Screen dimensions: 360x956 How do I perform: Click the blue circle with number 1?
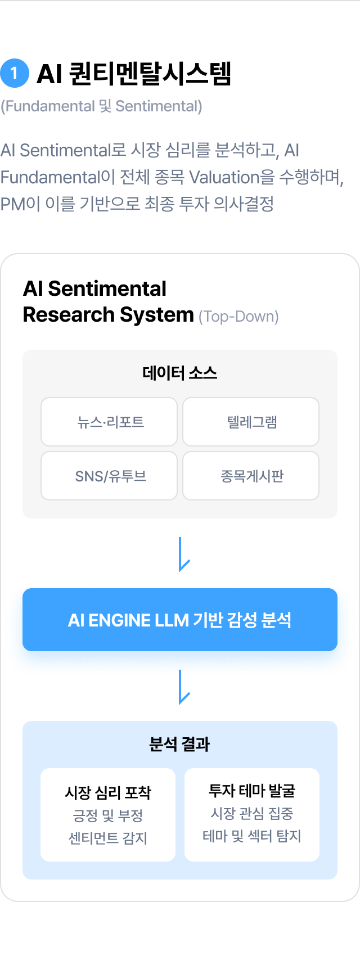coord(15,73)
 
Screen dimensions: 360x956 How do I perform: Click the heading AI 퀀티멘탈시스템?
coord(134,74)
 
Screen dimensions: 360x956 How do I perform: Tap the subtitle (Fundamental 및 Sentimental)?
coord(101,106)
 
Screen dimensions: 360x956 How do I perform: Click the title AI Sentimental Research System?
coord(108,302)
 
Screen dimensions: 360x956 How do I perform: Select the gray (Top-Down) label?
coord(238,317)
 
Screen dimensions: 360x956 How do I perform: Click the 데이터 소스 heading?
coord(180,373)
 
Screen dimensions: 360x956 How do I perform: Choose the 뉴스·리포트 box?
coord(109,422)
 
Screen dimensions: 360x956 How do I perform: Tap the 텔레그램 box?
coord(251,422)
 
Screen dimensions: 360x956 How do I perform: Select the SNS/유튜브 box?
coord(109,475)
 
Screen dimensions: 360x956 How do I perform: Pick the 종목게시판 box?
coord(251,475)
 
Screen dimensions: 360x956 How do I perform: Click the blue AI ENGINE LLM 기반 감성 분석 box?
coord(180,620)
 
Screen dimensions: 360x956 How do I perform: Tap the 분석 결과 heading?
coord(179,745)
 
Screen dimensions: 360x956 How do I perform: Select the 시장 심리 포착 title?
coord(108,792)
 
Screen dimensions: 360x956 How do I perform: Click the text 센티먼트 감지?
coord(108,838)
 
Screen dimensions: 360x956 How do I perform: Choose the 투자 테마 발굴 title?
coord(252,791)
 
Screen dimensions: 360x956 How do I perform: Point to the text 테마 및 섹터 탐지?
coord(252,836)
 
